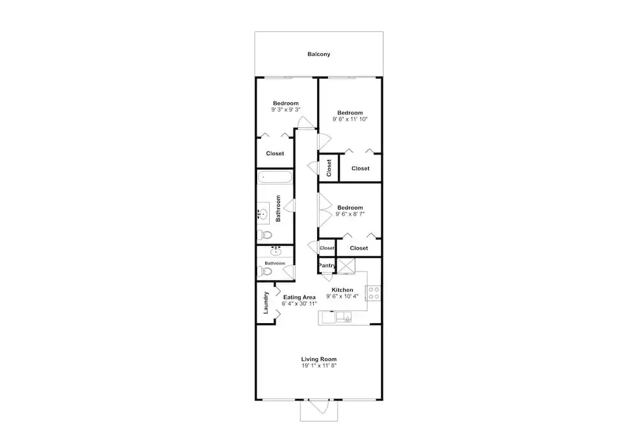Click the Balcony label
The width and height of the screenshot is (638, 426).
[318, 54]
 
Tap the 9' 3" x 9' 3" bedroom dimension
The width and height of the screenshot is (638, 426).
[286, 110]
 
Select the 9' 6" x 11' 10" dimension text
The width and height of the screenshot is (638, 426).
[350, 119]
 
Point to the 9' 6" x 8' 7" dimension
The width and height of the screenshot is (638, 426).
[350, 214]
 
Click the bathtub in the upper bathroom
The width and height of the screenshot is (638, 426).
[275, 177]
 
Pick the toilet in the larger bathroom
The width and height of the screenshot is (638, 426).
[265, 235]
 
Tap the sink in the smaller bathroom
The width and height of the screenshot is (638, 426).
[276, 251]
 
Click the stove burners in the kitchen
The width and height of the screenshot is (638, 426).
[374, 293]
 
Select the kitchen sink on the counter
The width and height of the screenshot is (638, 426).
[344, 317]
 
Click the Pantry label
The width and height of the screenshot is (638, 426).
[327, 266]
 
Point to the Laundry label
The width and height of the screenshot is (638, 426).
[265, 303]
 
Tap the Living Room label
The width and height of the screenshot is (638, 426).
[318, 359]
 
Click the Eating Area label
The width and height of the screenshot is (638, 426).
[299, 297]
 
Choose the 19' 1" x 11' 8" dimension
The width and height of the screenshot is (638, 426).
[318, 366]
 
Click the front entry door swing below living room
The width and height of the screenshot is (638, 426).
[319, 407]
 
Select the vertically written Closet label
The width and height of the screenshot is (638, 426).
[329, 168]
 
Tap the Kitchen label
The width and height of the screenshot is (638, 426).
[342, 290]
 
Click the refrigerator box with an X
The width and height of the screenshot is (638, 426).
[346, 266]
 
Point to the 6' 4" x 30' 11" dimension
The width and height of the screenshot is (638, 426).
[299, 304]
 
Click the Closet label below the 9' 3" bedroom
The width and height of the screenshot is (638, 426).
[275, 153]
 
